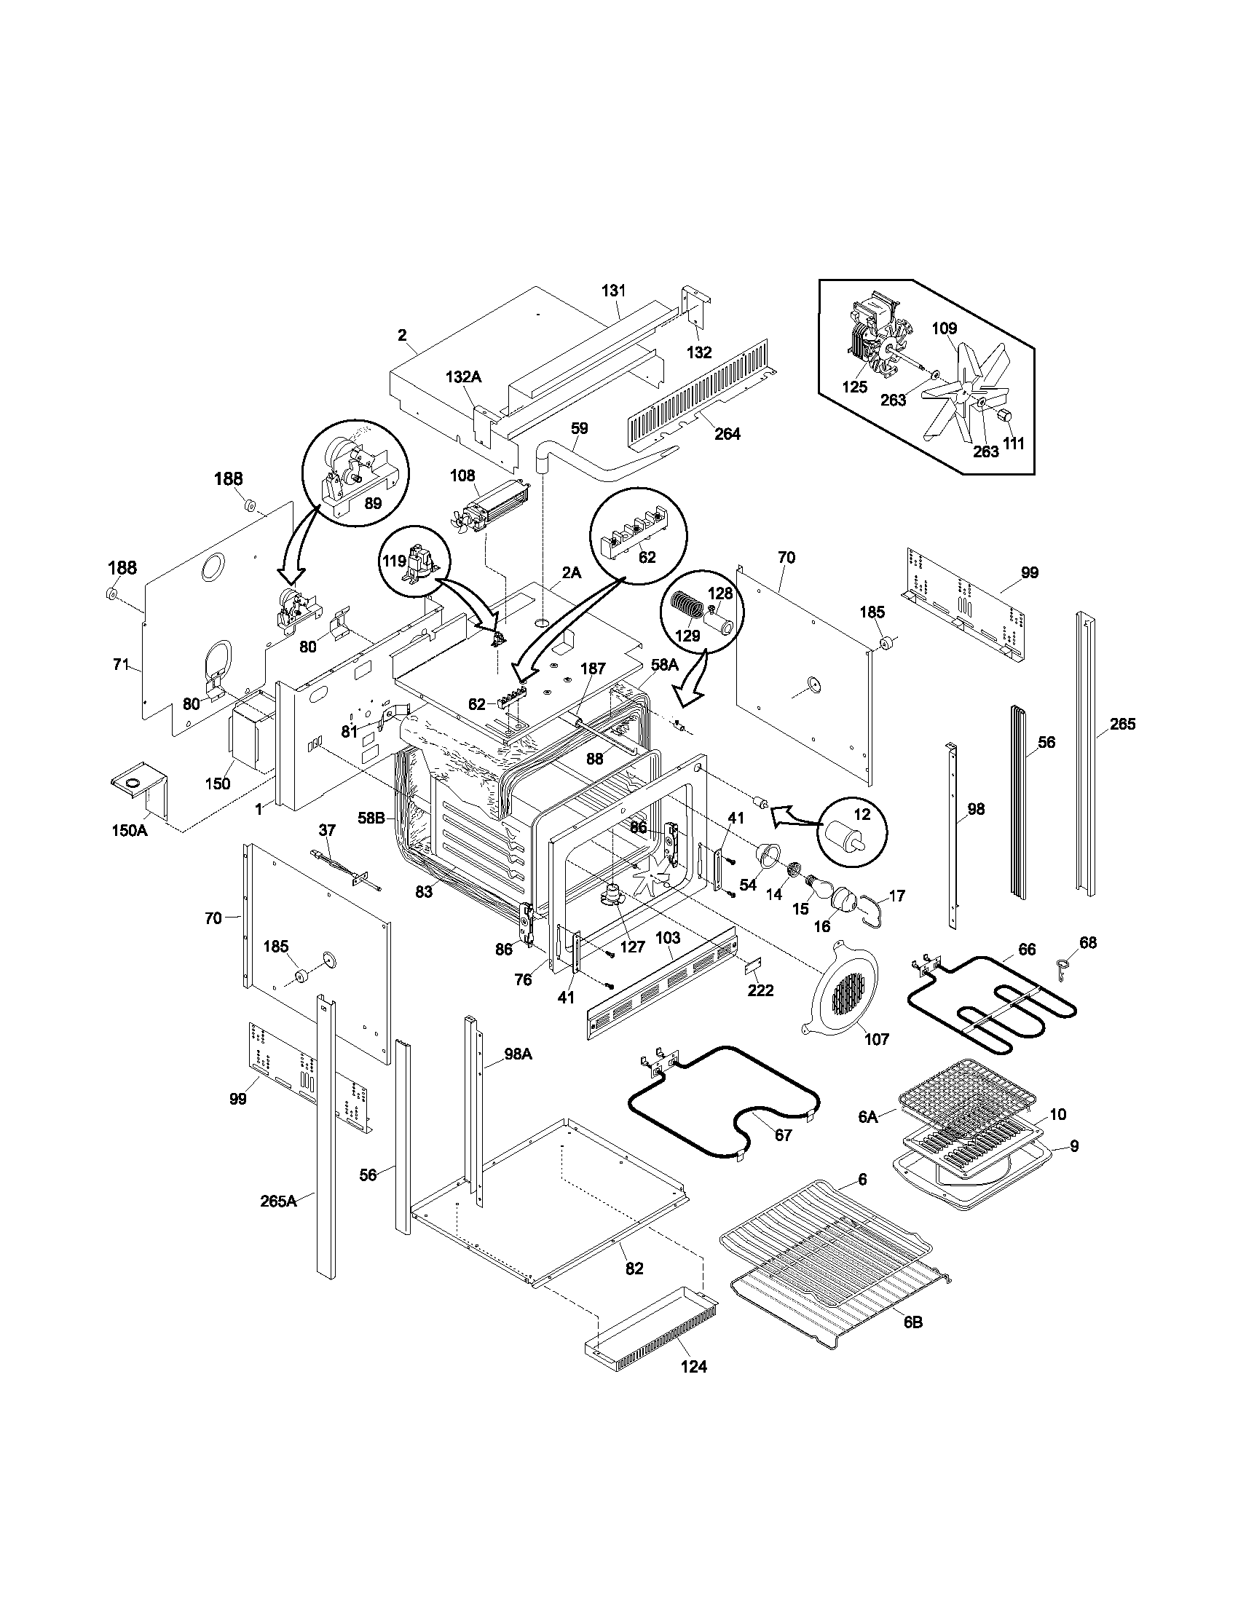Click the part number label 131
(614, 291)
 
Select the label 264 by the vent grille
(727, 433)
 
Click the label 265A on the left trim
(279, 1201)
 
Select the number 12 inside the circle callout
(862, 814)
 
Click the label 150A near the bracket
(130, 830)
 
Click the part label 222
(760, 990)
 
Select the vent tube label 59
(580, 427)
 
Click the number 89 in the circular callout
(373, 503)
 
